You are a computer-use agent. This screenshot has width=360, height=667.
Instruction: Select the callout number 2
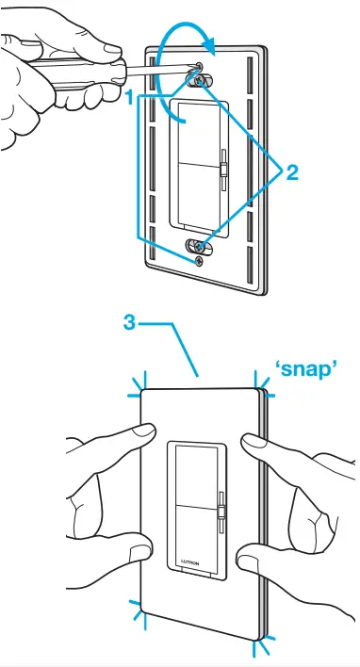(292, 171)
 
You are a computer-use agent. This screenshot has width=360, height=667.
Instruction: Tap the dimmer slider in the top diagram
(224, 171)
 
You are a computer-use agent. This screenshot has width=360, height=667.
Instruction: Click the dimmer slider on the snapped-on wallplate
(221, 512)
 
